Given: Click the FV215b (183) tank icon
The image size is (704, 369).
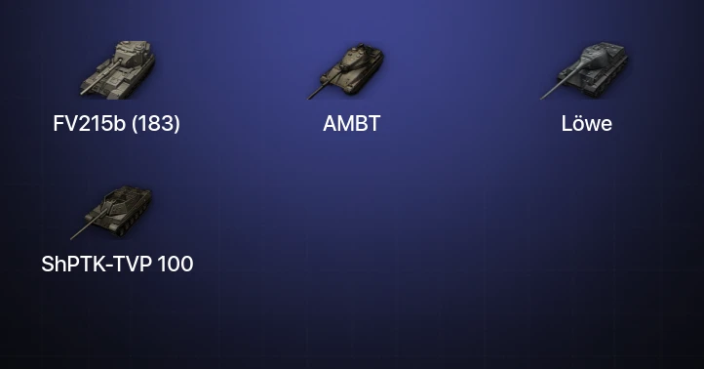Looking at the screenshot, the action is pyautogui.click(x=118, y=69).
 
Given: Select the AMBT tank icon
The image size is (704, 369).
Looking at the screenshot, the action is pyautogui.click(x=345, y=71).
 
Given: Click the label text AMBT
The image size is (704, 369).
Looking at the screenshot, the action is pyautogui.click(x=352, y=124).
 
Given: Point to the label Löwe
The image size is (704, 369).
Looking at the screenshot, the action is pyautogui.click(x=586, y=124).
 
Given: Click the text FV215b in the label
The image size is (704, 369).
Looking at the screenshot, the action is pyautogui.click(x=89, y=124).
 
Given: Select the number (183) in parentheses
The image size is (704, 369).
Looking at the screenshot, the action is pyautogui.click(x=156, y=124).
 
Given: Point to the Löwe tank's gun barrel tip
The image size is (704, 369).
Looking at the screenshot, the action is pyautogui.click(x=541, y=99).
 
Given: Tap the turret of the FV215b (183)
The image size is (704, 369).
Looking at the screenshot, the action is pyautogui.click(x=133, y=53).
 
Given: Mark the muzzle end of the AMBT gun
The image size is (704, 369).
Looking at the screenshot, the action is pyautogui.click(x=309, y=98).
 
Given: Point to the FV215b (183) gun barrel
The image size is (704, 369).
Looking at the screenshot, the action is pyautogui.click(x=100, y=77).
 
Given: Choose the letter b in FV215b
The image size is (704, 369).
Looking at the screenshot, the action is pyautogui.click(x=119, y=124).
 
